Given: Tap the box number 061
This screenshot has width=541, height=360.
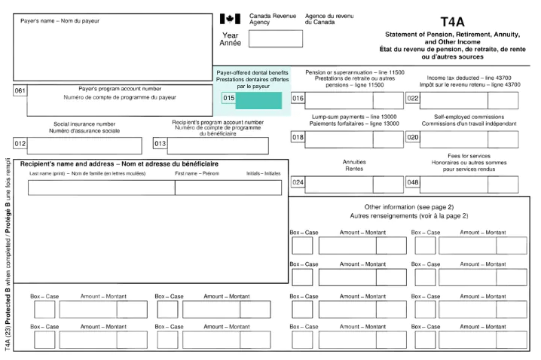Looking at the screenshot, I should (20, 91).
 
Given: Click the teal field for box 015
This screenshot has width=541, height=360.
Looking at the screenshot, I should (258, 100).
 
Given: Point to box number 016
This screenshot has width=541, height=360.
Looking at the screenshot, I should (298, 99).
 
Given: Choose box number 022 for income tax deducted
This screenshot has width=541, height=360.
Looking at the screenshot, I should (413, 99).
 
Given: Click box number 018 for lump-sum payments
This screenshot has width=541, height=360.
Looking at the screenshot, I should (298, 138).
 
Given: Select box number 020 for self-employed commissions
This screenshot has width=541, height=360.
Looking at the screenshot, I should (413, 138).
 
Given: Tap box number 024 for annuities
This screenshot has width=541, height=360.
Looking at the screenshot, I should (298, 182).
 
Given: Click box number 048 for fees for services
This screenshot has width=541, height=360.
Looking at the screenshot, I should (413, 182).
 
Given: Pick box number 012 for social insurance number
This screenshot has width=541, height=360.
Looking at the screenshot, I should (20, 144).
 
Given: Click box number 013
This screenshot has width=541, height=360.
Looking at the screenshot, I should (160, 144).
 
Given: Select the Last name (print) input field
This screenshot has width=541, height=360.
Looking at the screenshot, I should (101, 188).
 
